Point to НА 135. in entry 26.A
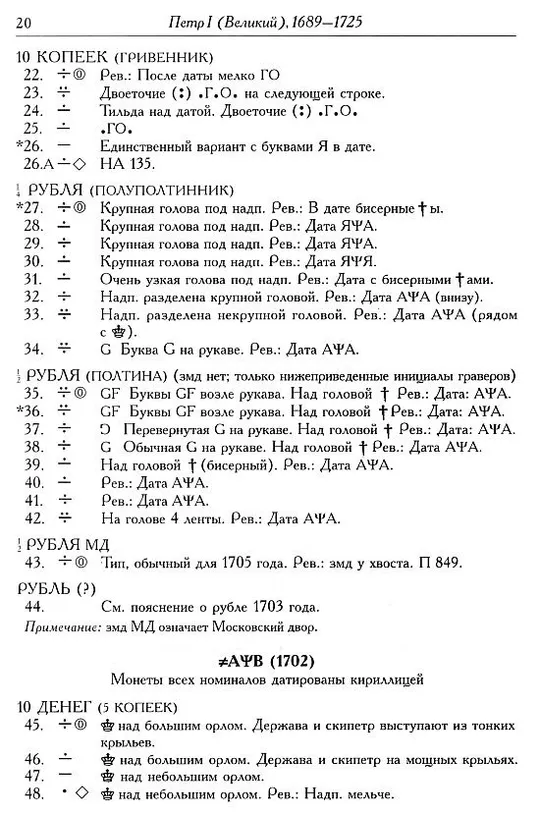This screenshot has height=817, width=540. (x=124, y=164)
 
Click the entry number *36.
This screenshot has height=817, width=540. (x=33, y=410)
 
